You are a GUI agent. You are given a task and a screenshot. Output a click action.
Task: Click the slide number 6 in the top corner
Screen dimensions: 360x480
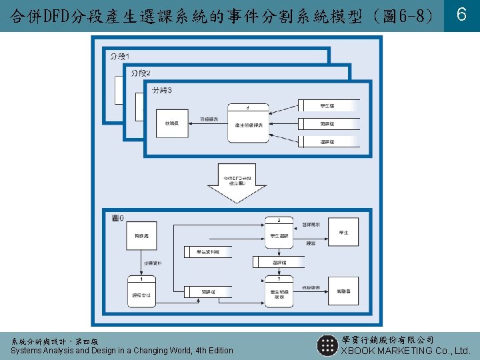pyautogui.click(x=461, y=15)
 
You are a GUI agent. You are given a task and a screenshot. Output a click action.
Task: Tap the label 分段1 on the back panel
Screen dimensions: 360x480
pyautogui.click(x=120, y=56)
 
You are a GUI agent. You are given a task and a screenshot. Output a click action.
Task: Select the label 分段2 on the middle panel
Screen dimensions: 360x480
pyautogui.click(x=141, y=73)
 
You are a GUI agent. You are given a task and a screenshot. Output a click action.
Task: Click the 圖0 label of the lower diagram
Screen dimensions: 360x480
pyautogui.click(x=118, y=218)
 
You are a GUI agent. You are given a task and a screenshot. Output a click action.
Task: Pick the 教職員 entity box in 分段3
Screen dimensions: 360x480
pyautogui.click(x=171, y=124)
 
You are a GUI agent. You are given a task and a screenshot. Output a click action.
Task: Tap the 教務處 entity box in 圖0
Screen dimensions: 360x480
pyautogui.click(x=141, y=236)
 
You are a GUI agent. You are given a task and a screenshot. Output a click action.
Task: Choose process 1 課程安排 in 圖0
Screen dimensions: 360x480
pyautogui.click(x=141, y=291)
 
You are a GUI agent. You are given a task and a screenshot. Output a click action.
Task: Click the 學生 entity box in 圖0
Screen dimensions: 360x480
pyautogui.click(x=343, y=233)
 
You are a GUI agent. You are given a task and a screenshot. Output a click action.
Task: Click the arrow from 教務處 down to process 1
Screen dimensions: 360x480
pyautogui.click(x=141, y=263)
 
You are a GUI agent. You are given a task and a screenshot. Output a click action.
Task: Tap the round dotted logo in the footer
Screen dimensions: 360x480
pyautogui.click(x=327, y=345)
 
